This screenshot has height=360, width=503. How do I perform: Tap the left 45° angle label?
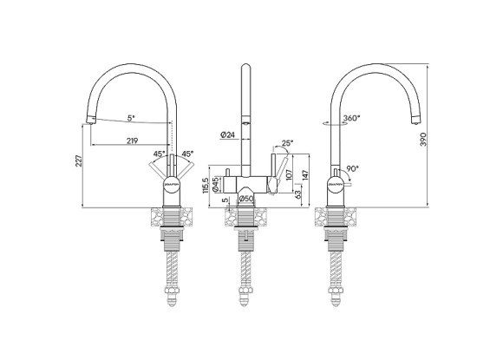tap(158, 154)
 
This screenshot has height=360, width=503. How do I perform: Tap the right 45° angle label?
tap(187, 154)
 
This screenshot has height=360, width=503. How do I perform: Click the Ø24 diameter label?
tap(227, 134)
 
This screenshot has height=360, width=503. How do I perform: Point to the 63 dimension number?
tap(299, 195)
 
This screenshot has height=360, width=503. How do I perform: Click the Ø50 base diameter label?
tap(246, 200)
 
